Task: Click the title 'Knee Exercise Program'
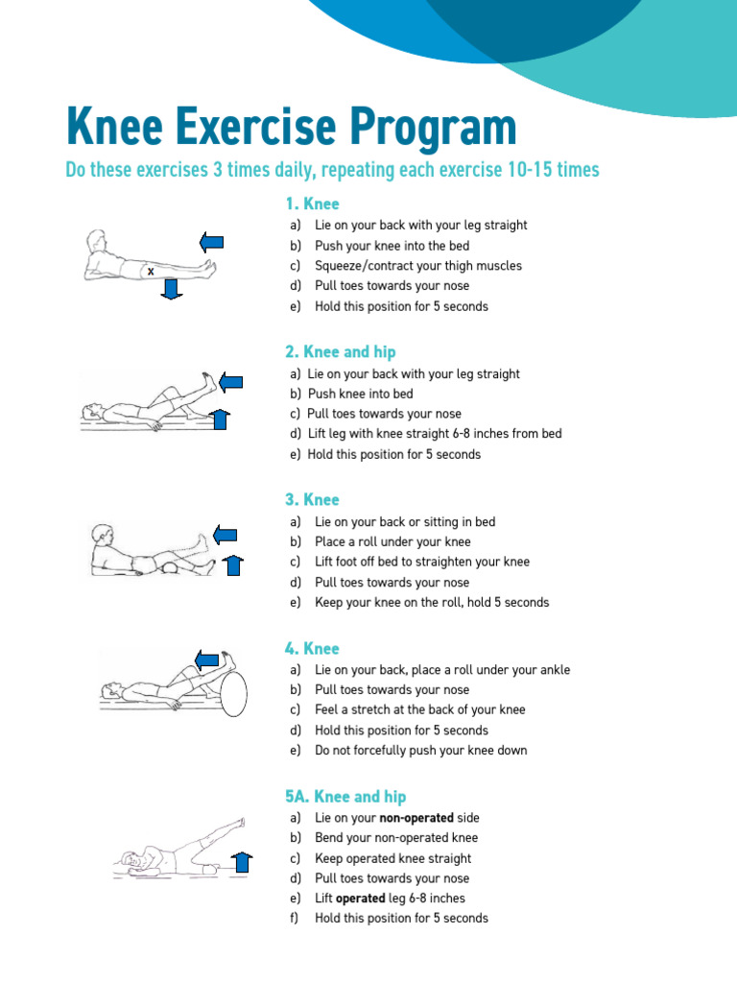click(x=291, y=128)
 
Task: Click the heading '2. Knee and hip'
click(x=340, y=351)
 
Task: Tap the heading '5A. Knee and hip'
click(x=345, y=797)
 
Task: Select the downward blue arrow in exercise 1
click(x=172, y=287)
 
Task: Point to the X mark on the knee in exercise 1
click(x=151, y=272)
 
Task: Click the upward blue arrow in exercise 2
click(x=220, y=419)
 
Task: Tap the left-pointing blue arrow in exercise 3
click(x=225, y=534)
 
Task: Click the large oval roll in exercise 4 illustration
click(x=233, y=688)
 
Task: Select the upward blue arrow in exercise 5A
click(x=242, y=863)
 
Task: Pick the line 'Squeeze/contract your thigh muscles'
click(x=418, y=266)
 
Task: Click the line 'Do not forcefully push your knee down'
click(x=420, y=751)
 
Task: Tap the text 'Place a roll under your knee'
click(x=392, y=541)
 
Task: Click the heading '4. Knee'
click(x=312, y=649)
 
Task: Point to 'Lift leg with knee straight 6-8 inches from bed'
click(x=435, y=434)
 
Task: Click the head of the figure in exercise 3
click(x=101, y=535)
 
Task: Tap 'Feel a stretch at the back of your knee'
click(x=419, y=710)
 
